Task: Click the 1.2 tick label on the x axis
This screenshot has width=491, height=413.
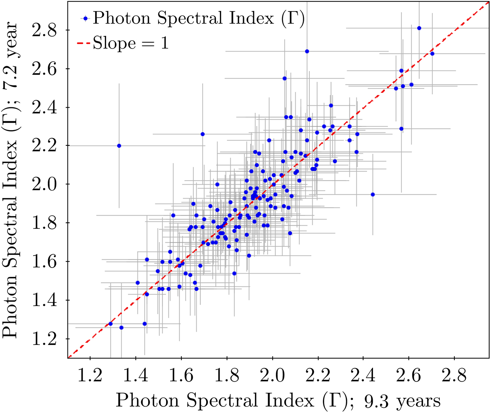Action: pos(90,376)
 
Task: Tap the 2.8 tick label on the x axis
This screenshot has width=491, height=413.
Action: pos(454,376)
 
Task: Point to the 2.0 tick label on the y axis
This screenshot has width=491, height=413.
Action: pos(45,184)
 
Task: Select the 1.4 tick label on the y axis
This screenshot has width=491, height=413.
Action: pos(45,300)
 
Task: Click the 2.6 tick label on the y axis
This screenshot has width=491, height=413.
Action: pos(45,69)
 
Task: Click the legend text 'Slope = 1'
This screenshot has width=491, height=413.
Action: pos(131,43)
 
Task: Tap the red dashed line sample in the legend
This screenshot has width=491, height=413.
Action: pos(84,44)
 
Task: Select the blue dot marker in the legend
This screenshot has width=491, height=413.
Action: pos(86,18)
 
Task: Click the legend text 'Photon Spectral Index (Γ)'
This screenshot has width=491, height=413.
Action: pos(199,18)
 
